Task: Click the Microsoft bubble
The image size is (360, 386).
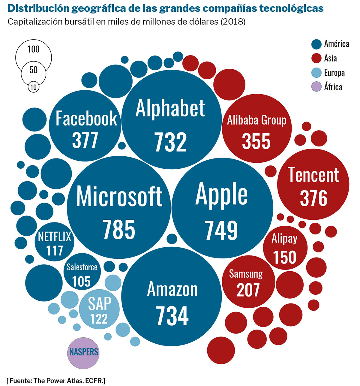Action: (x=119, y=207)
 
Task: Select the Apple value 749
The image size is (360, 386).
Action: (x=221, y=230)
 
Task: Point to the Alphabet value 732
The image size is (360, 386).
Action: (x=170, y=142)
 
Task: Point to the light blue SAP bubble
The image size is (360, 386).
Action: (x=99, y=309)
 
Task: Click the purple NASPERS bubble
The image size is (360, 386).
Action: (x=84, y=352)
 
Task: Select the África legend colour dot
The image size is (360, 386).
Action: (x=316, y=87)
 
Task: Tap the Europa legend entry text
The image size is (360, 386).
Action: (x=334, y=73)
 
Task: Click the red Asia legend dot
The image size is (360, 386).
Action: (x=316, y=58)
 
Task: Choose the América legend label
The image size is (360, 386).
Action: (x=337, y=44)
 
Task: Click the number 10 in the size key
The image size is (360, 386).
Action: (x=33, y=87)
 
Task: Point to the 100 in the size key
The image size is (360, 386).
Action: (x=33, y=49)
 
